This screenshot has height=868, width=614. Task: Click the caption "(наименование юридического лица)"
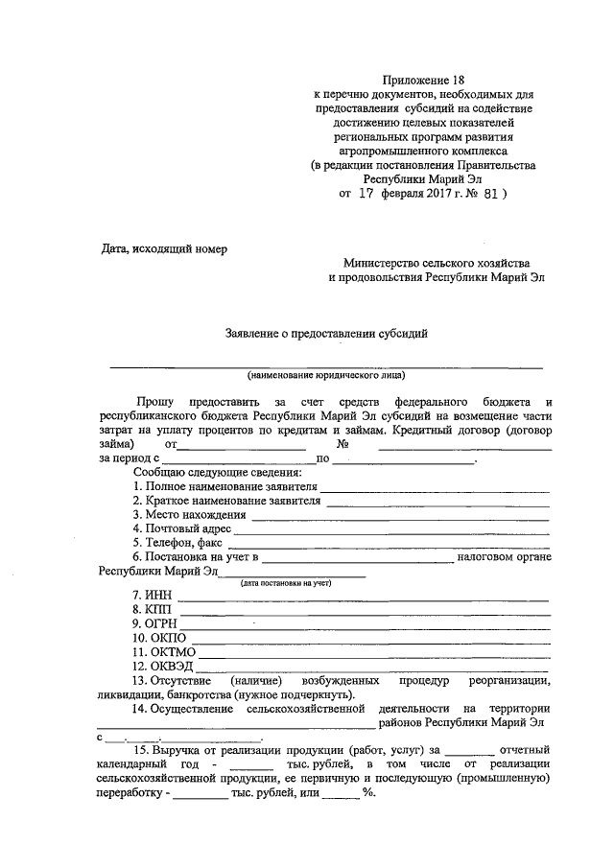point(325,375)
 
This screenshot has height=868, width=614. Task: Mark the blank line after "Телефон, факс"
point(386,545)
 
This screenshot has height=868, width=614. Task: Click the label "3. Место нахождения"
point(190,514)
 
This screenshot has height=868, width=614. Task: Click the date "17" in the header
point(366,192)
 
